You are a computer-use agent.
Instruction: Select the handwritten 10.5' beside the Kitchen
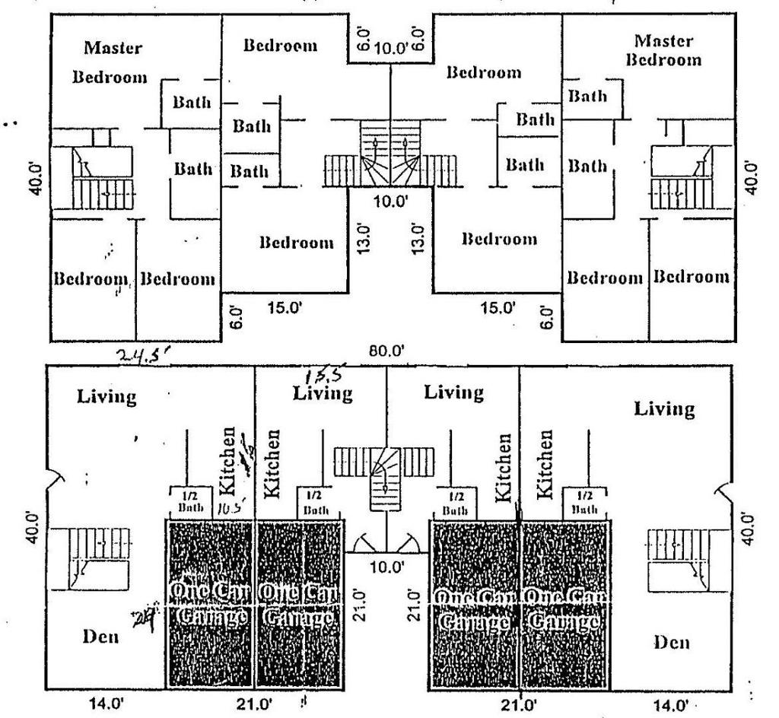tap(229, 507)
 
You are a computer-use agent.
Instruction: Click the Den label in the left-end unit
tap(99, 637)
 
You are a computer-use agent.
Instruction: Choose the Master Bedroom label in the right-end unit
tap(662, 49)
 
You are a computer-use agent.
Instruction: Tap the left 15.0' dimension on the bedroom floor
tap(282, 308)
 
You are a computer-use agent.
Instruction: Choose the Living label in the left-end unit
tap(107, 396)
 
